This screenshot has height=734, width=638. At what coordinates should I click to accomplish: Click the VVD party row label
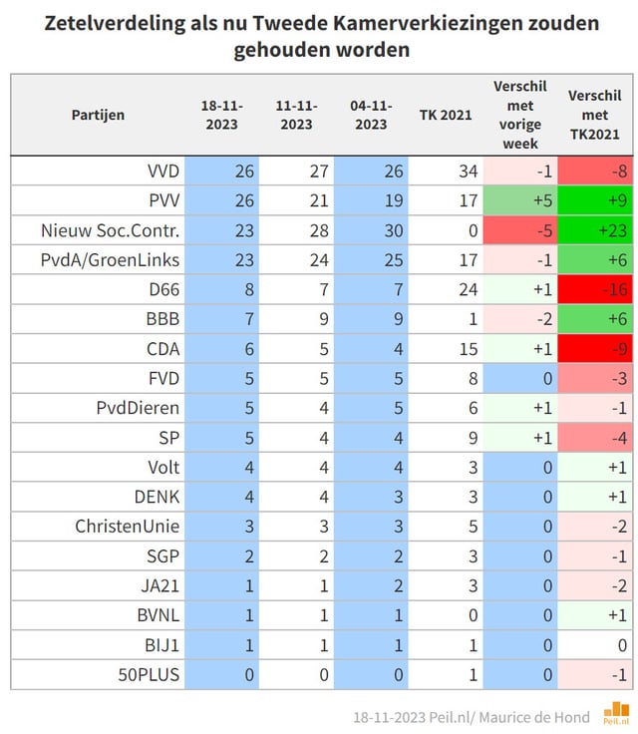161,171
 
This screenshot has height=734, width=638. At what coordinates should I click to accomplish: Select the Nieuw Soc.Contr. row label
111,231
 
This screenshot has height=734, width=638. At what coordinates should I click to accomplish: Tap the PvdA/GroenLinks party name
112,261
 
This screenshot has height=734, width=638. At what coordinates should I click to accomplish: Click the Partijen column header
98,115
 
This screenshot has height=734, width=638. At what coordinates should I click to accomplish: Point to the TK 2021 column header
446,115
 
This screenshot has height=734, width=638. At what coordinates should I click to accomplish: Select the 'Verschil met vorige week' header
520,115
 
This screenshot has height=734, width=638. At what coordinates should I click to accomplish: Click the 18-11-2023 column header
221,115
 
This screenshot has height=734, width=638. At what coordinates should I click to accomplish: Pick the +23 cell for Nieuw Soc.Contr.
596,231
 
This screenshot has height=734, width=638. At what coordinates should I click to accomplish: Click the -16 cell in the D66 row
596,291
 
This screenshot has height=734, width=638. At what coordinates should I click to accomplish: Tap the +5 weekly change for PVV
520,201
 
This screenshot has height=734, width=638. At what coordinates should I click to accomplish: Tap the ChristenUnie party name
128,526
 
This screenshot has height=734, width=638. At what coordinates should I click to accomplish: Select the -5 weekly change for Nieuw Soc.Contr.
520,231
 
